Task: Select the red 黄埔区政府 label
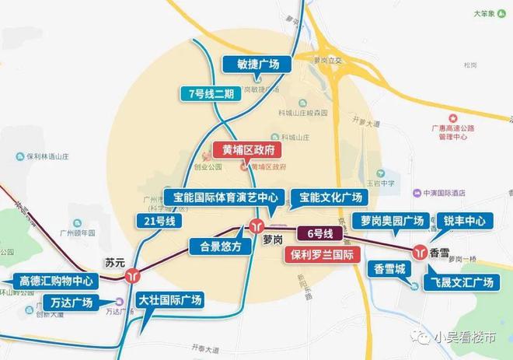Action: coord(248,151)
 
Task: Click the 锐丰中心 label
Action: coord(464,221)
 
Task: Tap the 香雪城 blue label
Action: coord(389,269)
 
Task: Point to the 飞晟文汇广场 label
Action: coord(461,282)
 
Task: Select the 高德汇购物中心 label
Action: coord(56,280)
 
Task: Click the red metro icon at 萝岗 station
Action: coord(256,226)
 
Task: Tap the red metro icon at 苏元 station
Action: coord(134,274)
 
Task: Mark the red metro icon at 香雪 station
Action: coord(421,252)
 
